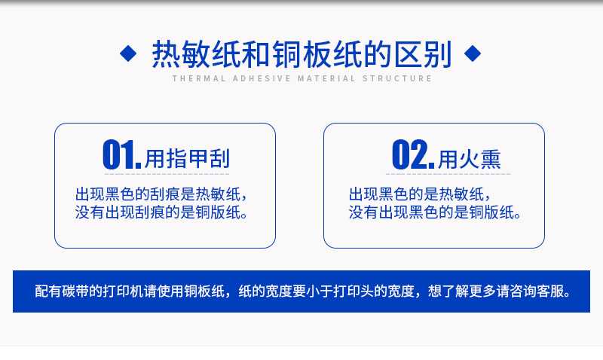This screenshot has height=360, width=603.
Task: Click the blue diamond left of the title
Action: pyautogui.click(x=129, y=53)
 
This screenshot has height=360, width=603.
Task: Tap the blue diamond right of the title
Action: pyautogui.click(x=473, y=53)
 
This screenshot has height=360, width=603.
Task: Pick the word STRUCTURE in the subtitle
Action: pyautogui.click(x=396, y=78)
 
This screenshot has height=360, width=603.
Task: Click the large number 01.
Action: pyautogui.click(x=121, y=155)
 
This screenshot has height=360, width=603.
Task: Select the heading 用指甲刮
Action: pyautogui.click(x=188, y=158)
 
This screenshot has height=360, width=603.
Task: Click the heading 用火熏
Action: pyautogui.click(x=470, y=158)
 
